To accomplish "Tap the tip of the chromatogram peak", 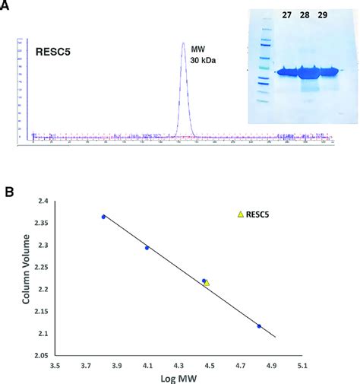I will click(183, 43).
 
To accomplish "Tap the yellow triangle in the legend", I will click(241, 215).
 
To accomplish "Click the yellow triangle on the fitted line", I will click(207, 283).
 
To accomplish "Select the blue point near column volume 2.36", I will click(104, 217).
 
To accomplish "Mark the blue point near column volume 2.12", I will click(259, 326).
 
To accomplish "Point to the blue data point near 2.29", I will click(147, 247).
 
